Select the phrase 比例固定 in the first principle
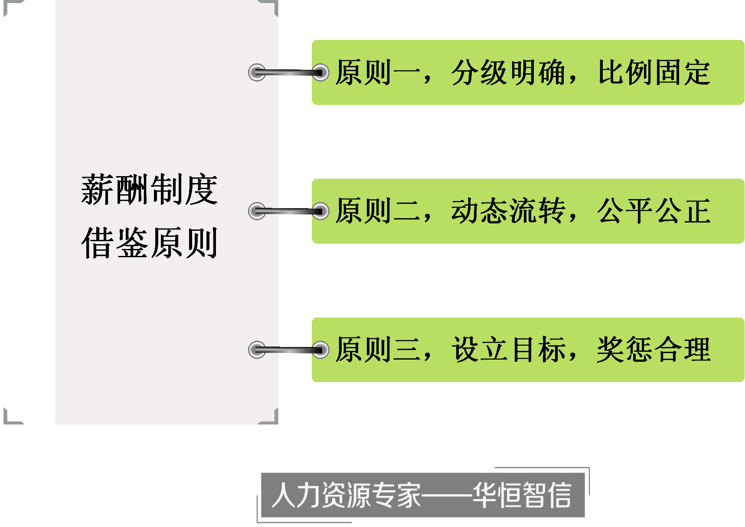pyautogui.click(x=654, y=72)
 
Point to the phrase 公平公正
pyautogui.click(x=654, y=211)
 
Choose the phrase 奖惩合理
pyautogui.click(x=654, y=350)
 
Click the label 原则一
pyautogui.click(x=377, y=72)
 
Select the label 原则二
pyautogui.click(x=377, y=211)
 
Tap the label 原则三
pyautogui.click(x=377, y=350)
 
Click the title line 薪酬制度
pyautogui.click(x=149, y=190)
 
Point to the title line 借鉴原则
pyautogui.click(x=149, y=243)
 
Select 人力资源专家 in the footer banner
pyautogui.click(x=346, y=495)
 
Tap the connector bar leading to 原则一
pyautogui.click(x=288, y=72)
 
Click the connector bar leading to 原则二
pyautogui.click(x=288, y=211)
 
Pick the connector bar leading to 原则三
pyautogui.click(x=288, y=350)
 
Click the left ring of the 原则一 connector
pyautogui.click(x=257, y=72)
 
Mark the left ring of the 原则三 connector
pyautogui.click(x=257, y=350)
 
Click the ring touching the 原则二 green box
pyautogui.click(x=320, y=211)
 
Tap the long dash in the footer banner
pyautogui.click(x=447, y=495)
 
